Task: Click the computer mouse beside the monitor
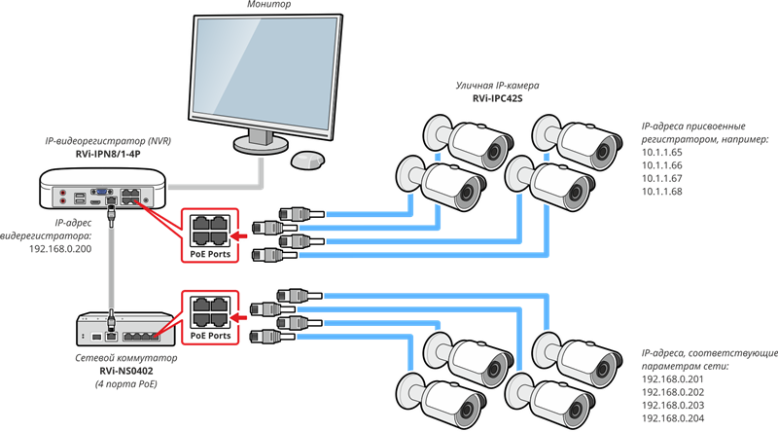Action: (x=308, y=159)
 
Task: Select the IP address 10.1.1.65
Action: (x=661, y=154)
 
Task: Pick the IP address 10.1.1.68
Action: (x=661, y=192)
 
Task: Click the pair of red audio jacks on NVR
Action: (x=65, y=198)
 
